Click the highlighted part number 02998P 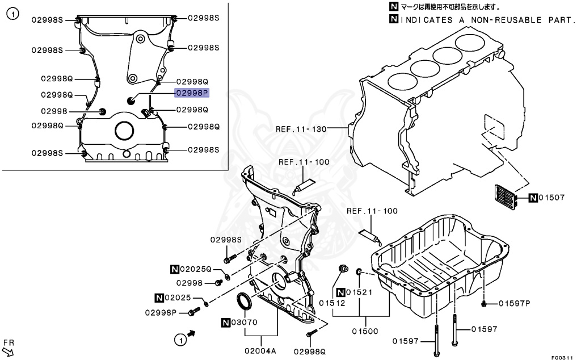click(x=192, y=93)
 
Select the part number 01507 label click(x=551, y=198)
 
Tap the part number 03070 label click(x=245, y=323)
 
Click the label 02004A click(x=260, y=351)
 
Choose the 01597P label click(x=514, y=303)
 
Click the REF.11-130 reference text click(x=301, y=129)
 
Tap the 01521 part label click(x=361, y=292)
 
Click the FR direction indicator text click(x=8, y=343)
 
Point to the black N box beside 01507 click(x=533, y=198)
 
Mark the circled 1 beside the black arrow click(x=179, y=340)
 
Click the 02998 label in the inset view click(x=54, y=111)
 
